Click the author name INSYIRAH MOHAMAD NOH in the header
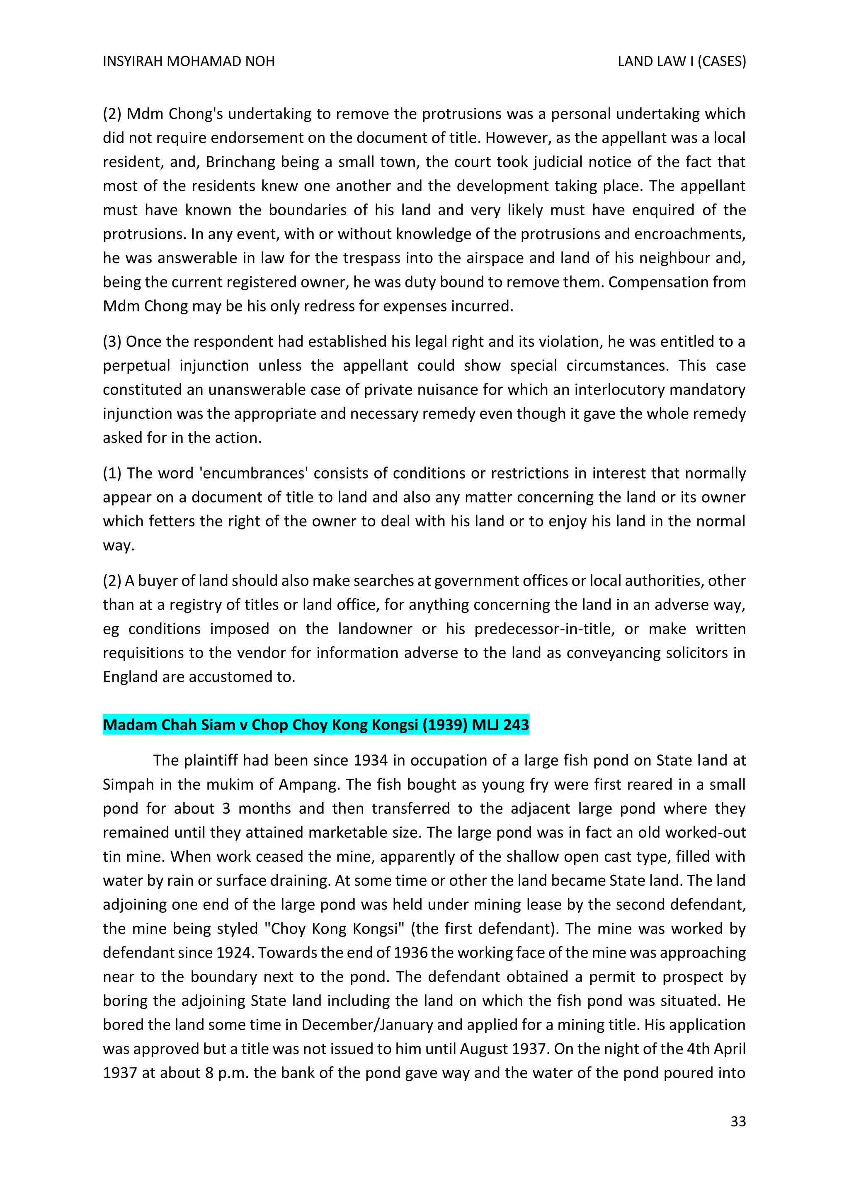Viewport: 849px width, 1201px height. coord(188,62)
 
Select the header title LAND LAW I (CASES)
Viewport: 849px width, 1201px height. coord(681,62)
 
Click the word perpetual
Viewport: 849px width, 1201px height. coord(136,366)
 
